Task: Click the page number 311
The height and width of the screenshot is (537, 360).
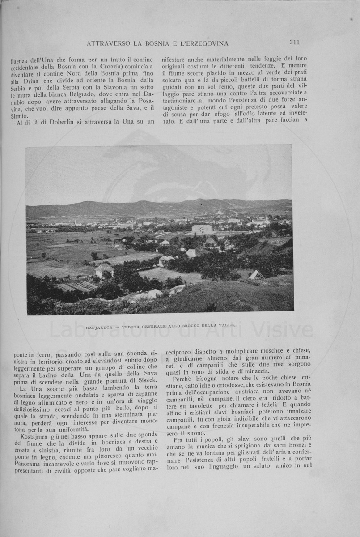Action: click(294, 43)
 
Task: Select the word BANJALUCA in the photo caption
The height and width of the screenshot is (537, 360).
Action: click(99, 328)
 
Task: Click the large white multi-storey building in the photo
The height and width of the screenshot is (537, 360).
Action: click(202, 229)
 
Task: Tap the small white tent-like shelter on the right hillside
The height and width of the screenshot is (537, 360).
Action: click(256, 275)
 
